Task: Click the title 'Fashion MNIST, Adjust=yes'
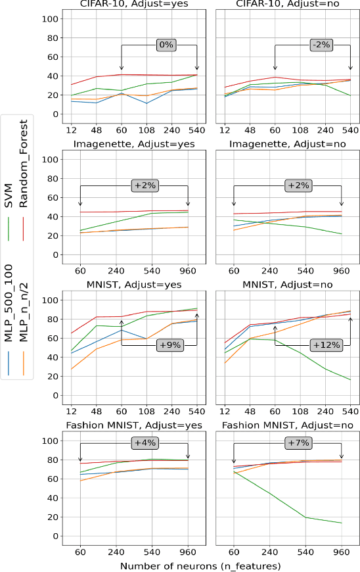click(134, 425)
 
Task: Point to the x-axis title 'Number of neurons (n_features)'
click(200, 565)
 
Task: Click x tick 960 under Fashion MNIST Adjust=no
click(342, 551)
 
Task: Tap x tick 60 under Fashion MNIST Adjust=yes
click(80, 551)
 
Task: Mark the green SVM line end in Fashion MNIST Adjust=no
click(342, 523)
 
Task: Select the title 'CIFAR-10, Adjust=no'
click(288, 5)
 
